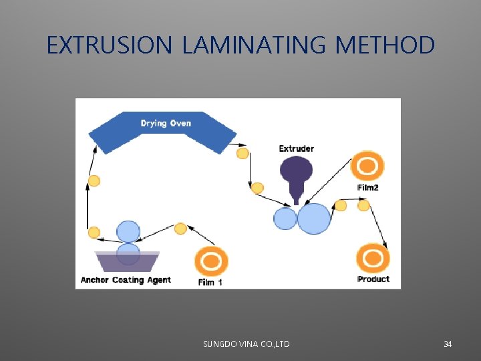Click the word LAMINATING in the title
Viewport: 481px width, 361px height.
click(254, 45)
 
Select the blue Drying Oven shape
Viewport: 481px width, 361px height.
click(163, 131)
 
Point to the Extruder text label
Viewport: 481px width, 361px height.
click(296, 148)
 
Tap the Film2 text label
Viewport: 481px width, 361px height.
click(367, 188)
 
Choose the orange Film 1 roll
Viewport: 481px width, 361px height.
click(211, 261)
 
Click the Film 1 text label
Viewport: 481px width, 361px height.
click(210, 282)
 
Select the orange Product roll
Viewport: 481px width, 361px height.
click(373, 258)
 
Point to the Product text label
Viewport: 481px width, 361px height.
click(373, 279)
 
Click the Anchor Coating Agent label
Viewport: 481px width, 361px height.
click(126, 280)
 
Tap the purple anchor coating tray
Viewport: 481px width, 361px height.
click(127, 261)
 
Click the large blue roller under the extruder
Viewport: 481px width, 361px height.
click(314, 219)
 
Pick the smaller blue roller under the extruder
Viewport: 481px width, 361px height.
click(285, 219)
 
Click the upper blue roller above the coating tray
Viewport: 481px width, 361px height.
click(128, 231)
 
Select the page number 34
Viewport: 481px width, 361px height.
click(448, 344)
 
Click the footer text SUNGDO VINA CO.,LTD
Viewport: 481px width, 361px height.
click(246, 344)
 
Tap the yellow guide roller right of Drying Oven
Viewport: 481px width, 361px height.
click(243, 154)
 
